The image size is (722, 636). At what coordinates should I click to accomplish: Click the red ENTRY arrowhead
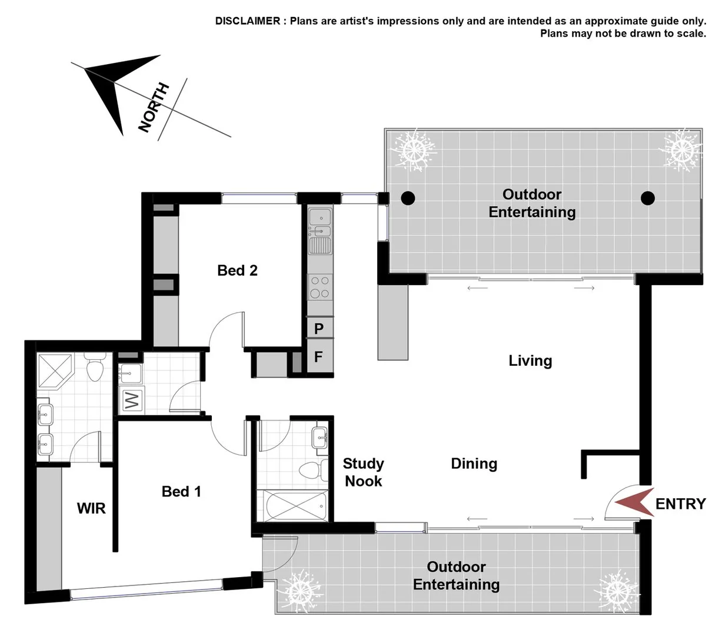point(635,503)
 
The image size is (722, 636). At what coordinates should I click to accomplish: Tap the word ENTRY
point(680,504)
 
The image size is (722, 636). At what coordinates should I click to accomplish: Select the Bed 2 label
point(237,270)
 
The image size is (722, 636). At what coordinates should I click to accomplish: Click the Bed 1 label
point(181,492)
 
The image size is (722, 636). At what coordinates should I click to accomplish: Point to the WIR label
point(91,508)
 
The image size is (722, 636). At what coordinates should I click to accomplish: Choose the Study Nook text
point(364,472)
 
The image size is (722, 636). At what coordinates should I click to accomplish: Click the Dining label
point(474,464)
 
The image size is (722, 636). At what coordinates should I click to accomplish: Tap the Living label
point(530,361)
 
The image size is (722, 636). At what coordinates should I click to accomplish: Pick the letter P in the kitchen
point(319,329)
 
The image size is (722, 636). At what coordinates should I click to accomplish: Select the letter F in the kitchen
point(318,357)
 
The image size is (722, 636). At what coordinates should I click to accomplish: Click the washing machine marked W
point(132,401)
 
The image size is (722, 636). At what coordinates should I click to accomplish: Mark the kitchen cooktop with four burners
point(320,287)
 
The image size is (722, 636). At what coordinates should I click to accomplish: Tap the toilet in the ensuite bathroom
point(94,368)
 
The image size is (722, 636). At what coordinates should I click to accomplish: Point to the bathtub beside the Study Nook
point(295,505)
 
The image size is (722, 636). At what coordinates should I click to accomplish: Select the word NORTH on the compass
point(154,108)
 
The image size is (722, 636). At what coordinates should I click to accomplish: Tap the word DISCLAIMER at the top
point(248,21)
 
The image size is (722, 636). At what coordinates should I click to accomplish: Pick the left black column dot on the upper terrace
point(408,198)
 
